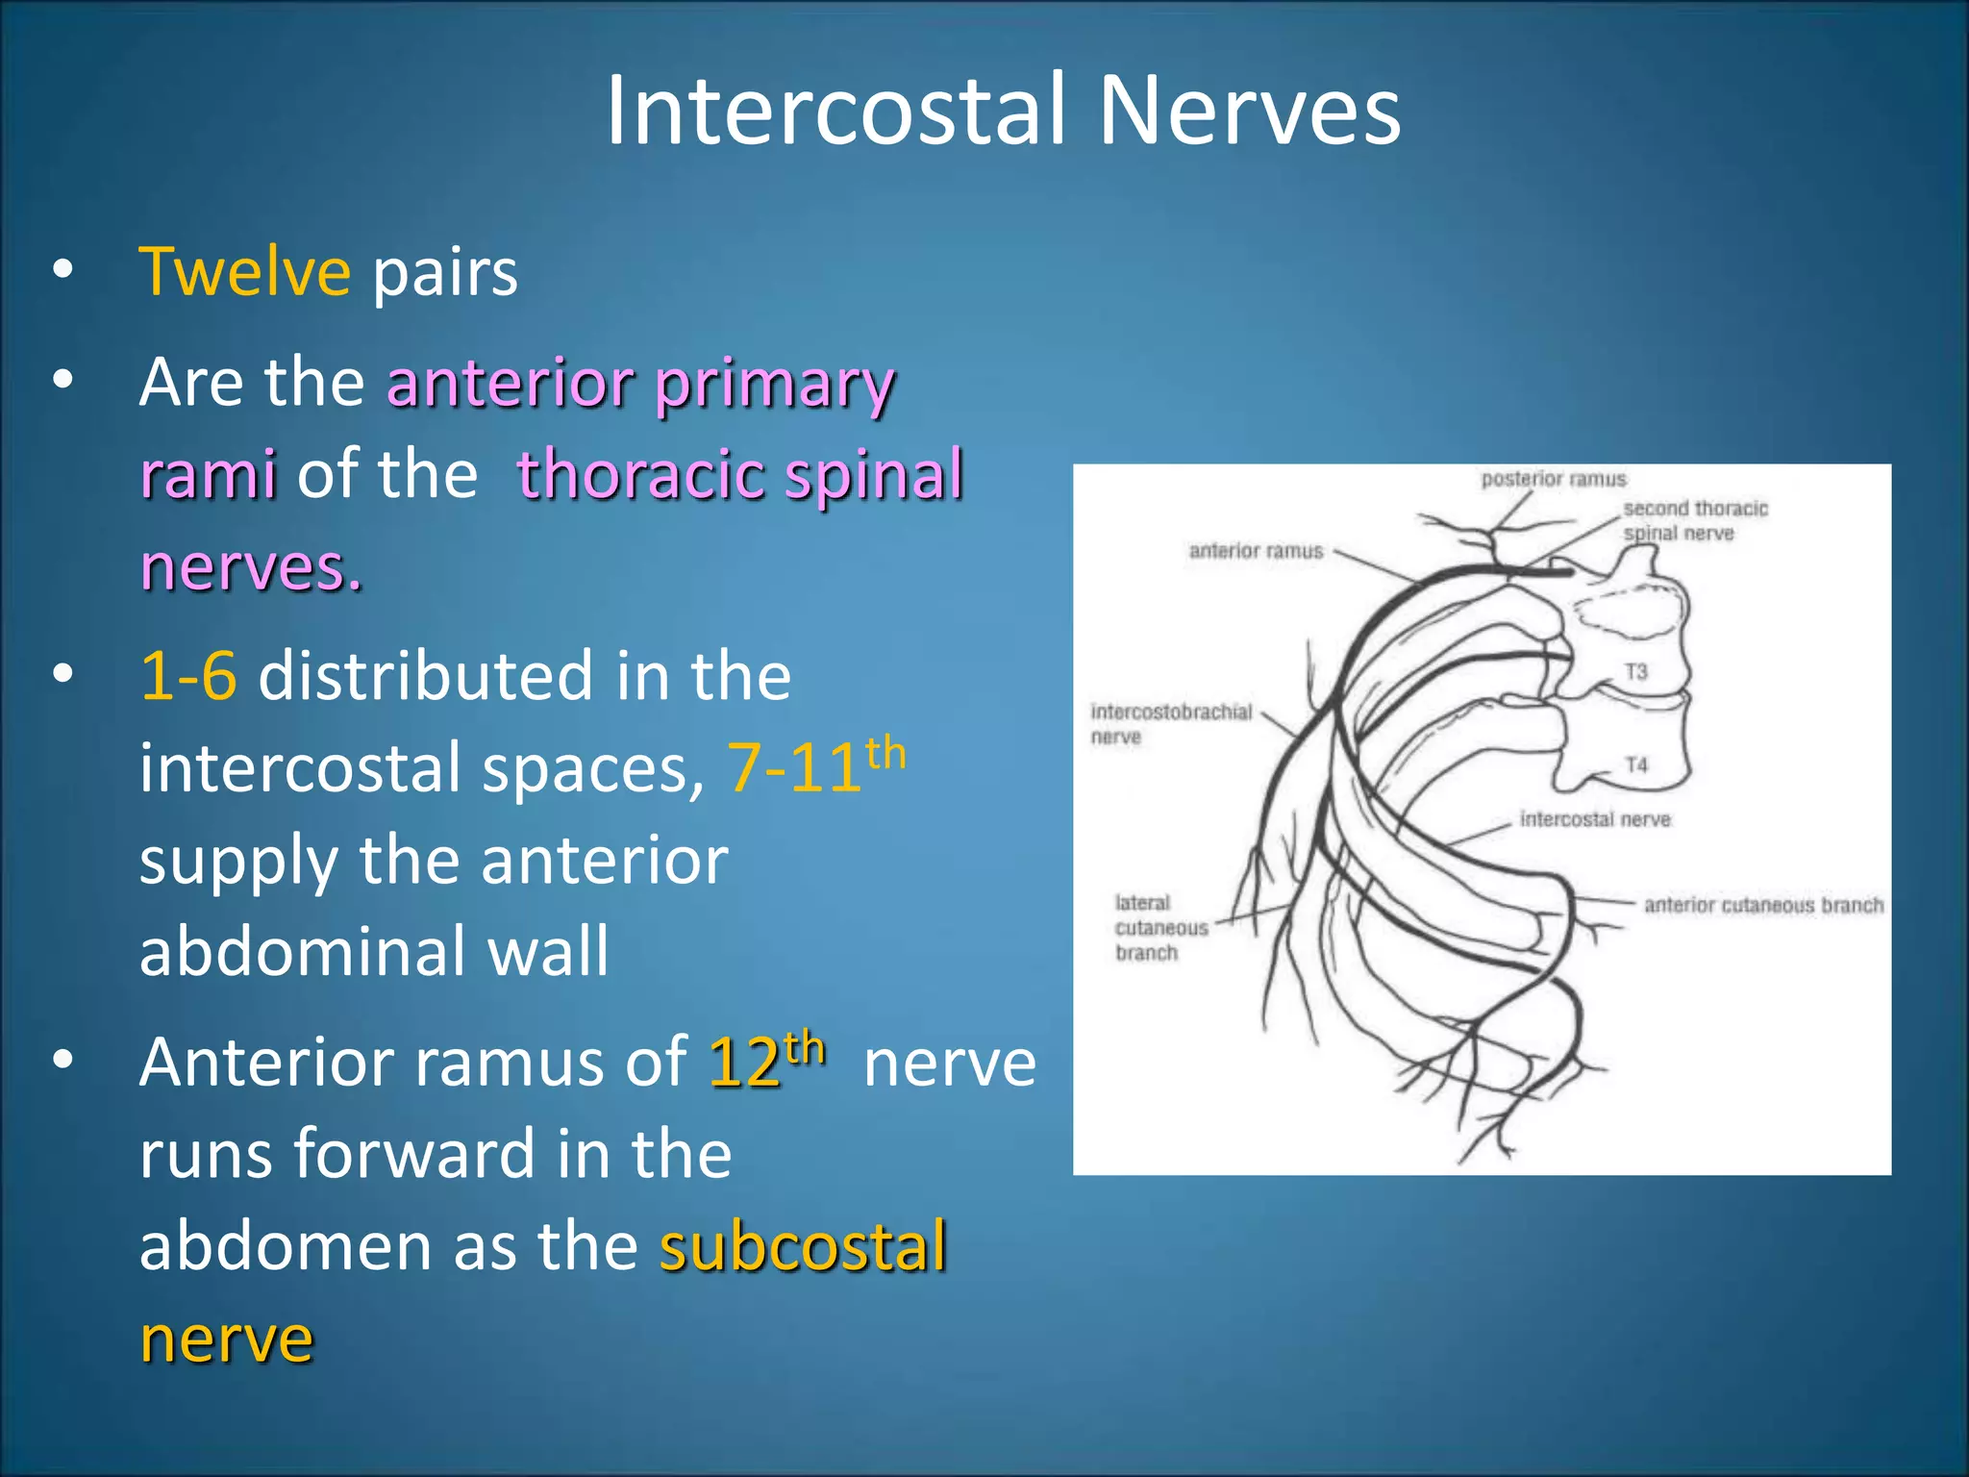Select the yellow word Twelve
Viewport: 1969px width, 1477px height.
[x=245, y=272]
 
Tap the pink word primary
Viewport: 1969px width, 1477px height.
[x=775, y=384]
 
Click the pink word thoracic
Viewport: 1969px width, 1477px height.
[x=642, y=475]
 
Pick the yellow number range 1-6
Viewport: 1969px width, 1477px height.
[x=188, y=676]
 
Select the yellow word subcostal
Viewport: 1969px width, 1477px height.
[x=804, y=1246]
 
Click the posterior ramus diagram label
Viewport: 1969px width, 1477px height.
[x=1554, y=479]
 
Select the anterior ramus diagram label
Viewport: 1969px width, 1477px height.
[x=1256, y=551]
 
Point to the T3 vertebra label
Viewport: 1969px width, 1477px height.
[x=1636, y=670]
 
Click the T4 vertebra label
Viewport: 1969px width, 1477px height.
[x=1636, y=764]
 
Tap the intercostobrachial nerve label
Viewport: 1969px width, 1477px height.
[x=1170, y=723]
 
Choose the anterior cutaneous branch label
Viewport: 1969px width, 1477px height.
[x=1763, y=905]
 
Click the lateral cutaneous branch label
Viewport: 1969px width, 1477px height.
[x=1159, y=928]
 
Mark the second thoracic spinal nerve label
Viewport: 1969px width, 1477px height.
[x=1695, y=520]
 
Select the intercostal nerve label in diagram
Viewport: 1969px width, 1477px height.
[x=1595, y=819]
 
